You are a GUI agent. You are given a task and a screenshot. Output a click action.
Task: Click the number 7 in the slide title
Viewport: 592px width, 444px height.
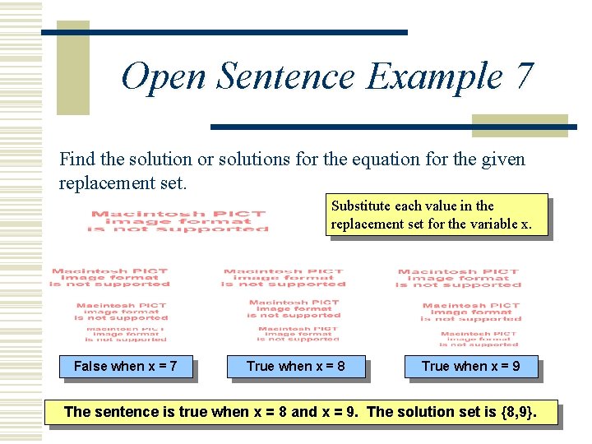pos(523,77)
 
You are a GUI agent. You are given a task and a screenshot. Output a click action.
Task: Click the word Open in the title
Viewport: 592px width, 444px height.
pos(164,77)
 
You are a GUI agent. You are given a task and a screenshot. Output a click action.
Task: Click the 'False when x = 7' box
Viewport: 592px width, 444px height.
pos(125,366)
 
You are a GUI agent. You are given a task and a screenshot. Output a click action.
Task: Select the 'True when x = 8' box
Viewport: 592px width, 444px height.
pos(295,366)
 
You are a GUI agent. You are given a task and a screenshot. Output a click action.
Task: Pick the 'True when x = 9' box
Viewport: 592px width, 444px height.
pos(470,366)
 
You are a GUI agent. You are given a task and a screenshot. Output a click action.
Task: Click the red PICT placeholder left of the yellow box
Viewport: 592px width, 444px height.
pos(179,221)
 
